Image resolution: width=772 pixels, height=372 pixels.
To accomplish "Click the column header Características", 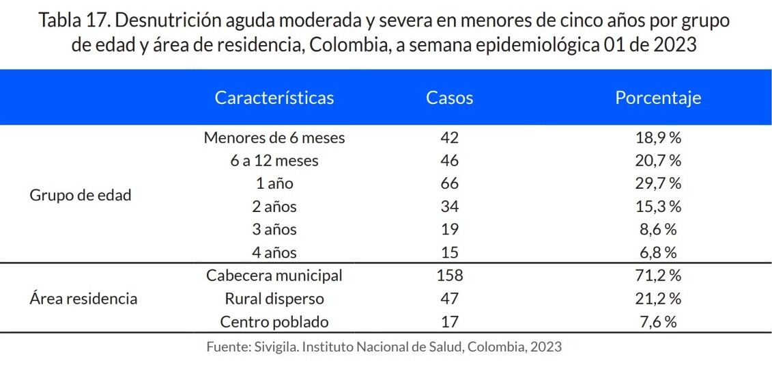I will click(274, 98).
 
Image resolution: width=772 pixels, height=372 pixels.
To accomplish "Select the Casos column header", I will click(449, 98).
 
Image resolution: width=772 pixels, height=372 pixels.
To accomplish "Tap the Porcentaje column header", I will click(657, 98).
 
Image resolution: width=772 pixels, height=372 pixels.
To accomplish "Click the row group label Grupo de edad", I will click(81, 195).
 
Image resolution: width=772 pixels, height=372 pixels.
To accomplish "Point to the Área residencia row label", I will click(83, 299).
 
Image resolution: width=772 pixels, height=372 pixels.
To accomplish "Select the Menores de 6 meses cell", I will click(274, 137).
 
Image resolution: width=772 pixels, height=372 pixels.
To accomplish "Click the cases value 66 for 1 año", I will click(449, 183).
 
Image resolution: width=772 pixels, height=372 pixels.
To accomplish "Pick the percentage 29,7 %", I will click(657, 183).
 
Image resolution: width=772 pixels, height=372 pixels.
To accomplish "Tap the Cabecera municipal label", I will click(274, 276).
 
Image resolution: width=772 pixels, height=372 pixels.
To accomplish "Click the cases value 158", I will click(449, 276).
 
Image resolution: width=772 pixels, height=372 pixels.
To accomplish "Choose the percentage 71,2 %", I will click(657, 276).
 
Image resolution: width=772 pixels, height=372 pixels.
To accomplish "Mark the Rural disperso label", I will click(274, 299).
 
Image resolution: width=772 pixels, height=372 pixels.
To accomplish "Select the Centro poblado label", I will click(274, 321).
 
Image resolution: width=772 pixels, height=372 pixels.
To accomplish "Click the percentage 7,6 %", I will click(657, 321).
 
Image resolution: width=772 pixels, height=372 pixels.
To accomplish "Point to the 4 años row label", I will click(274, 252).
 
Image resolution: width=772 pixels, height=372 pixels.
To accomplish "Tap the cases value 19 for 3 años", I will click(449, 229).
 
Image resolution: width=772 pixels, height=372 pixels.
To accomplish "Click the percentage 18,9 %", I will click(657, 137).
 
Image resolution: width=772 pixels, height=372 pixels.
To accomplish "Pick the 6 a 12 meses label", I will click(274, 161).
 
